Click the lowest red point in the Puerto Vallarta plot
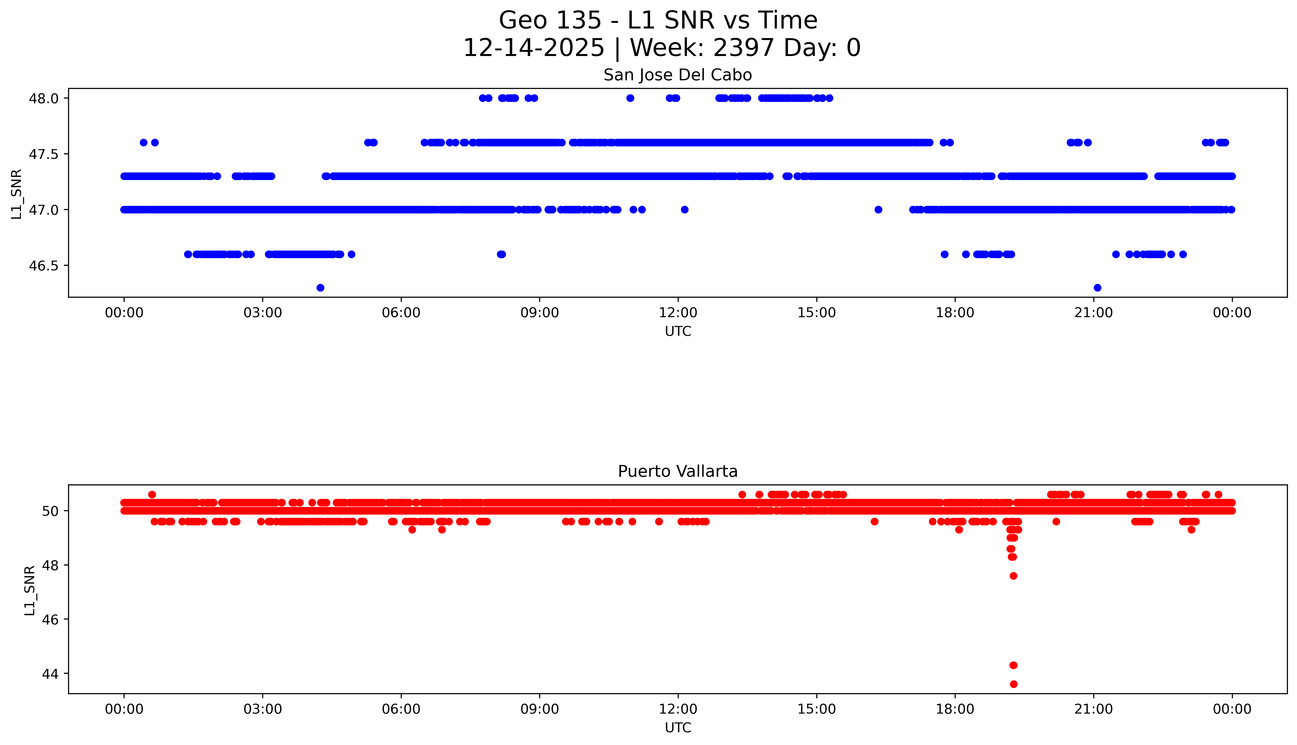click(1013, 684)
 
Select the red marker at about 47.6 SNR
click(1013, 576)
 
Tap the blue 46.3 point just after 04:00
click(320, 288)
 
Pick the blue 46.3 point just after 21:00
click(1097, 288)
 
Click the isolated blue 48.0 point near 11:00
click(630, 98)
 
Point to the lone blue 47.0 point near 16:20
click(878, 209)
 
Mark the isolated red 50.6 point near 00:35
click(152, 494)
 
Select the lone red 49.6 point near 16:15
click(875, 521)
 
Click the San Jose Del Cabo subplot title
click(678, 75)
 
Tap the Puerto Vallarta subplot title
click(678, 471)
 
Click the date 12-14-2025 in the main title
click(534, 48)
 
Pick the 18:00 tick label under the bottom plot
click(955, 709)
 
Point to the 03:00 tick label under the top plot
click(263, 313)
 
